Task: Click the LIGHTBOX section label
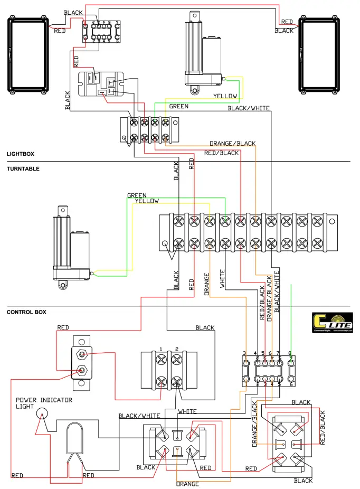(20, 154)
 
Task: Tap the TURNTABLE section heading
(23, 169)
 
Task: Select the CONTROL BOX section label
(26, 312)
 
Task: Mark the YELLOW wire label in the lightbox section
(225, 96)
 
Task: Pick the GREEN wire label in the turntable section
(137, 195)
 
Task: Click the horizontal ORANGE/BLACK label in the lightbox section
(232, 144)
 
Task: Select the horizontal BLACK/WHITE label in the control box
(139, 416)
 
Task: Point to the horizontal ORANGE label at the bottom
(187, 484)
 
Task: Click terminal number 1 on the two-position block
(160, 349)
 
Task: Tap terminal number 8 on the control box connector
(290, 353)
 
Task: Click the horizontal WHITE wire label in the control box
(187, 411)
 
